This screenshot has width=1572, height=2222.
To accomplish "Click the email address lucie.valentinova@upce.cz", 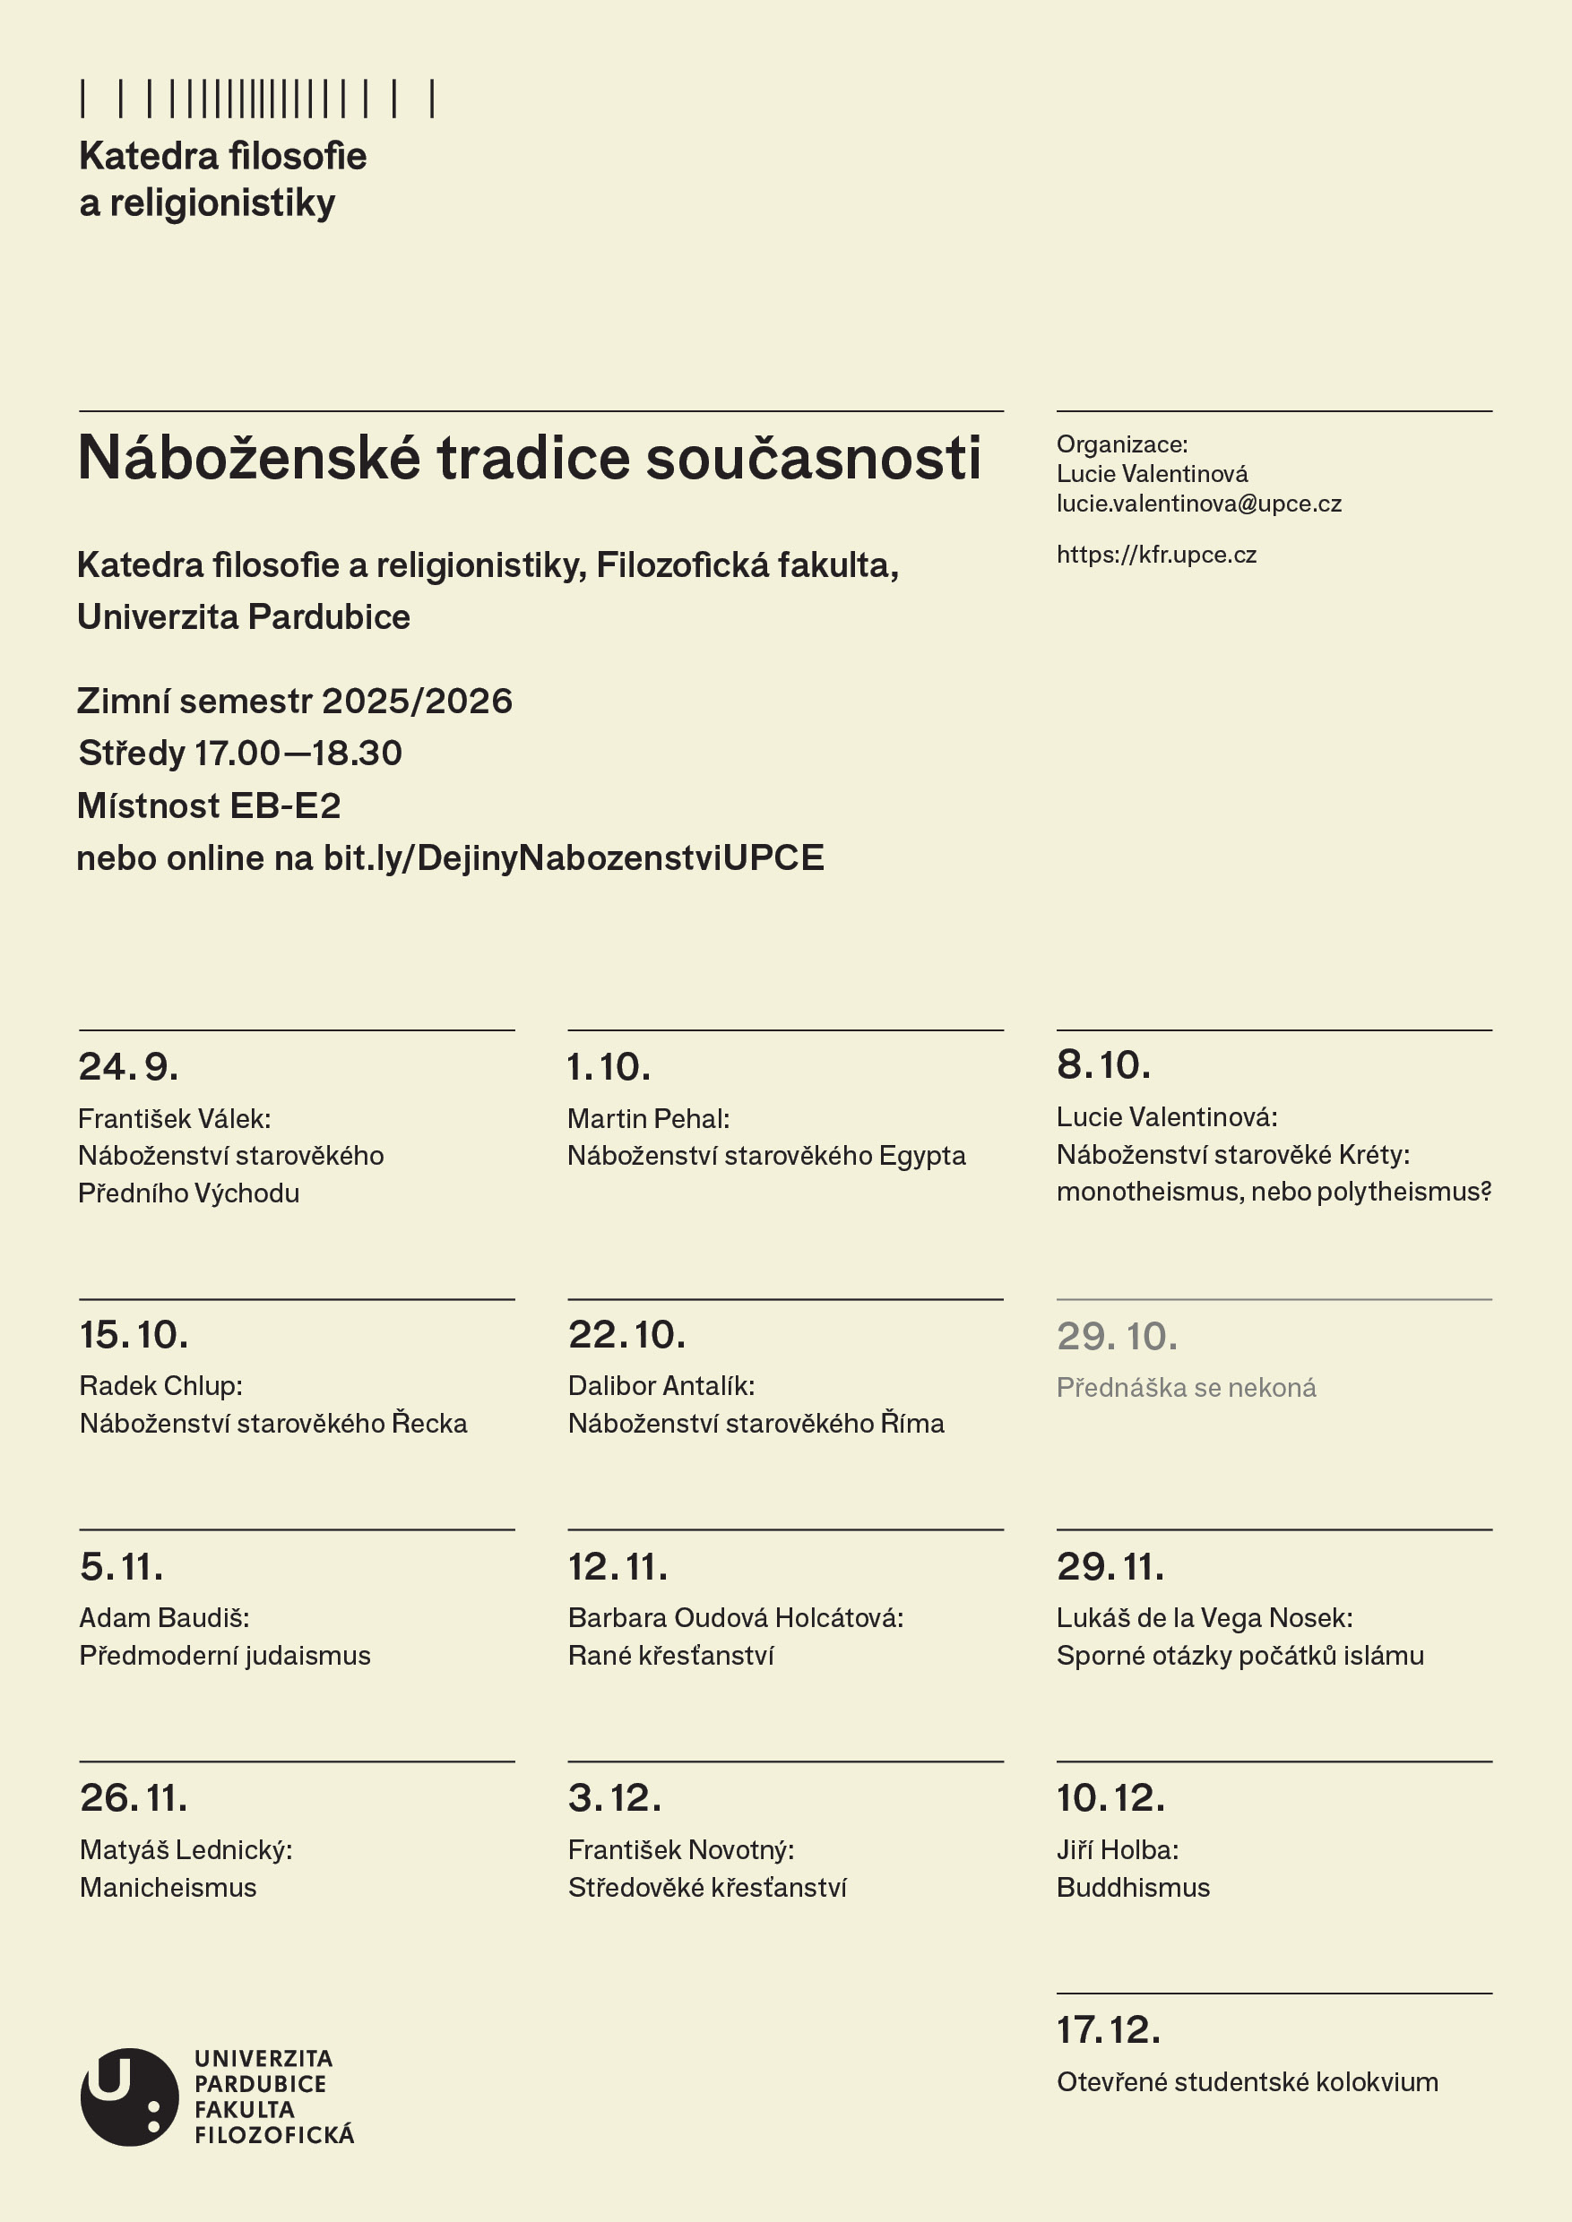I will (x=1198, y=504).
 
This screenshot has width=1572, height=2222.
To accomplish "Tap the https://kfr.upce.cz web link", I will (x=1156, y=555).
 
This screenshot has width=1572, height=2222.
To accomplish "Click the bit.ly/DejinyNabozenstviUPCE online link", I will (x=573, y=857).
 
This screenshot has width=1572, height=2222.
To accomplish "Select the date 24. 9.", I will (x=128, y=1066).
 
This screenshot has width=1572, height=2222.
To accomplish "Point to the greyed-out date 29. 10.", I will (x=1117, y=1337).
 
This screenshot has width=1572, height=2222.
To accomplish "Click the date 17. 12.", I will (x=1109, y=2030).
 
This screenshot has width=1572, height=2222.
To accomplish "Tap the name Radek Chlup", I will (x=159, y=1386).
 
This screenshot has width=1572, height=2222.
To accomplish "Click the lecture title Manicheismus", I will (x=168, y=1887).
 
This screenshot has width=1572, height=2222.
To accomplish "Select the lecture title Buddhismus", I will (x=1133, y=1887).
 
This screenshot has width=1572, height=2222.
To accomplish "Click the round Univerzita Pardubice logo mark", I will (x=129, y=2097).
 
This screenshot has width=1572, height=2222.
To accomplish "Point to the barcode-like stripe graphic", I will (x=257, y=99).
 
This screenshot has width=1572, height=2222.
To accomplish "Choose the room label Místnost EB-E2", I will (x=209, y=805).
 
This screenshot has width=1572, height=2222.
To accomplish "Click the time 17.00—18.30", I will (x=298, y=753).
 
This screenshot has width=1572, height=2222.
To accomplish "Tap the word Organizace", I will (x=1120, y=444).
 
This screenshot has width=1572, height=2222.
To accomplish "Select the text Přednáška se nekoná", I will (x=1186, y=1388).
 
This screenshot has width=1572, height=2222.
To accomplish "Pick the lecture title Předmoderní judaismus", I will (x=225, y=1656).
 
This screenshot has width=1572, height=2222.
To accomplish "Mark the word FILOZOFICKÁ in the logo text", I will (x=274, y=2135).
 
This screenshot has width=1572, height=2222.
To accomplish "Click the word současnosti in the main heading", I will (x=813, y=458).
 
